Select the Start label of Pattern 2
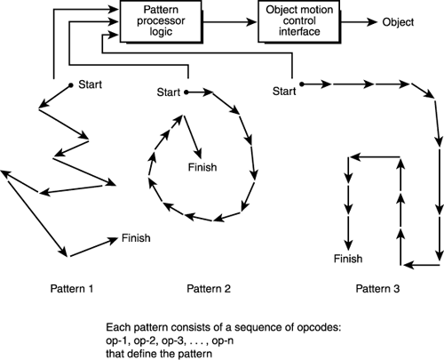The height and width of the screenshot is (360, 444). pyautogui.click(x=169, y=92)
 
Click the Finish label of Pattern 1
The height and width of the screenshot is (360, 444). pyautogui.click(x=136, y=237)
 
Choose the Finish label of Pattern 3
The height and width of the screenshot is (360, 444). pyautogui.click(x=348, y=259)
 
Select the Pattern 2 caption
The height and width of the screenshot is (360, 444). pyautogui.click(x=210, y=288)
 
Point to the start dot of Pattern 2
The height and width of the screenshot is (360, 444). pyautogui.click(x=186, y=91)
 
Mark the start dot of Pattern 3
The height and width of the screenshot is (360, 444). pyautogui.click(x=302, y=85)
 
